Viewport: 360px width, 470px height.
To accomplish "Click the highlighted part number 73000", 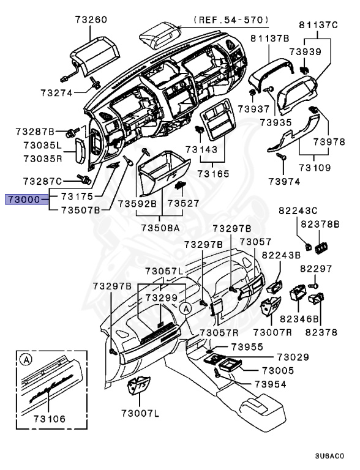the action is pyautogui.click(x=24, y=200).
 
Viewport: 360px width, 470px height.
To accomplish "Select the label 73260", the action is pyautogui.click(x=91, y=20).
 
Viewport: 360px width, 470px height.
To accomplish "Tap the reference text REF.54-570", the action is pyautogui.click(x=230, y=20).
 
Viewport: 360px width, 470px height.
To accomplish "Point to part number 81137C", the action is pyautogui.click(x=318, y=24).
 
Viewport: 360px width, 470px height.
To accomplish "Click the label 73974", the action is pyautogui.click(x=284, y=182).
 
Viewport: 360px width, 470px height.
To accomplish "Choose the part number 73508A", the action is pyautogui.click(x=160, y=228).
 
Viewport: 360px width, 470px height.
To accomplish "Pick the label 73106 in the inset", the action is pyautogui.click(x=49, y=419).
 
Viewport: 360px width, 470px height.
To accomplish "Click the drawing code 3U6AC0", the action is pyautogui.click(x=329, y=456).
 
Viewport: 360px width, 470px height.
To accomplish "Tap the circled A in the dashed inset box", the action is pyautogui.click(x=26, y=359).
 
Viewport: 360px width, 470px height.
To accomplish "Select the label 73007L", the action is pyautogui.click(x=140, y=414).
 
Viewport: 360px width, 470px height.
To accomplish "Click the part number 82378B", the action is pyautogui.click(x=320, y=224).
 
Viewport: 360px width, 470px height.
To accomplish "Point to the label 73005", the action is pyautogui.click(x=278, y=371).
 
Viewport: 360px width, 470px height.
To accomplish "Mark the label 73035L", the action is pyautogui.click(x=43, y=146).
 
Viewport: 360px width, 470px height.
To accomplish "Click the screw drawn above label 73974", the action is pyautogui.click(x=281, y=156).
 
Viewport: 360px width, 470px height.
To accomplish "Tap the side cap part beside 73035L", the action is pyautogui.click(x=80, y=151).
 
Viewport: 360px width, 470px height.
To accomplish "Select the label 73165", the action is pyautogui.click(x=213, y=174).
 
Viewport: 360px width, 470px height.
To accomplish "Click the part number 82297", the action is pyautogui.click(x=316, y=269).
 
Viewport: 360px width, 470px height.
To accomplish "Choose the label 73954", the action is pyautogui.click(x=270, y=384).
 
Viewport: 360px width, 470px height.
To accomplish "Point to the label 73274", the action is pyautogui.click(x=57, y=93).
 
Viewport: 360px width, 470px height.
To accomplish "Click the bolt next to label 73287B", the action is pyautogui.click(x=72, y=132).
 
